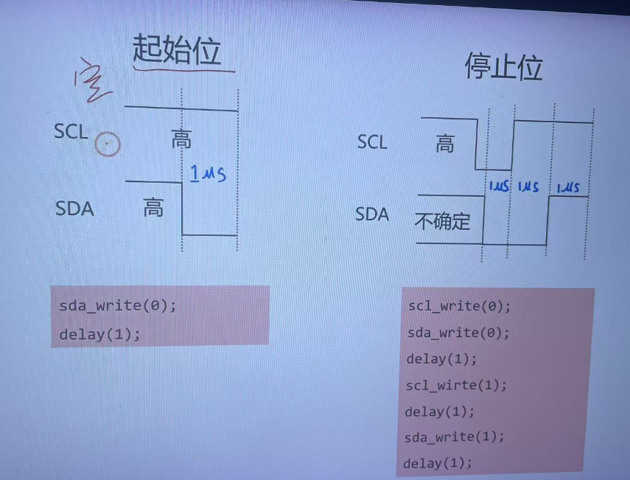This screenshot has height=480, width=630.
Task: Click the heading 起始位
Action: [177, 49]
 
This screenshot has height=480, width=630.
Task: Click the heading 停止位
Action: [503, 67]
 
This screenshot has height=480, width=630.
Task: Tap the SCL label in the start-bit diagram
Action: [71, 132]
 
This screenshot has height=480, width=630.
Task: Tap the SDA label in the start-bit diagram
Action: [74, 209]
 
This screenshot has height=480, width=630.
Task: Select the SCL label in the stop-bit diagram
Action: [371, 142]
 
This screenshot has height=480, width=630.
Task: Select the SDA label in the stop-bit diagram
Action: [372, 215]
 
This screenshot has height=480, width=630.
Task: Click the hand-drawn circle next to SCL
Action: [108, 145]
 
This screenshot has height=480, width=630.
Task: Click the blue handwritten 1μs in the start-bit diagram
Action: [207, 175]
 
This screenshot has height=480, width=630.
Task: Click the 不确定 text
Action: [442, 221]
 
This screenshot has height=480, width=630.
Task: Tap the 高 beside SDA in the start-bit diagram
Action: [153, 208]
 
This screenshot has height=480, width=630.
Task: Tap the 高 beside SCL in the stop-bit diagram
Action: [445, 144]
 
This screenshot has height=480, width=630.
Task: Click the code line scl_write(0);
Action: [458, 306]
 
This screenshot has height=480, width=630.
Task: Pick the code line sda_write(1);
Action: [455, 436]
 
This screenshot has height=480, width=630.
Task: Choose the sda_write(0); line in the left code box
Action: [118, 305]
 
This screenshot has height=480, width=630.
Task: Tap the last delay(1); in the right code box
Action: [437, 463]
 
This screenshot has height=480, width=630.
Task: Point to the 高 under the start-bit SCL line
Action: [181, 139]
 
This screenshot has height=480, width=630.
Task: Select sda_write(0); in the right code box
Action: [458, 333]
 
